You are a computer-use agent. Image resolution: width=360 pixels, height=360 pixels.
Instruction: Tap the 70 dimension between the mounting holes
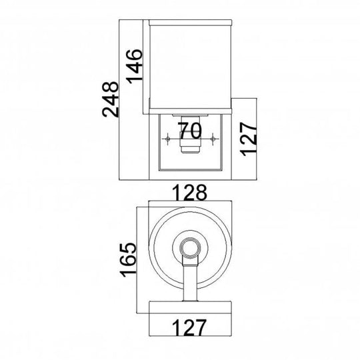tap(191, 127)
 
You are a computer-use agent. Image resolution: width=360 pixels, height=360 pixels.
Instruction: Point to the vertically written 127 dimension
tap(247, 139)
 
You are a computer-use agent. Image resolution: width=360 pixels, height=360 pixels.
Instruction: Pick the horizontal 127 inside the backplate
tap(187, 328)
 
